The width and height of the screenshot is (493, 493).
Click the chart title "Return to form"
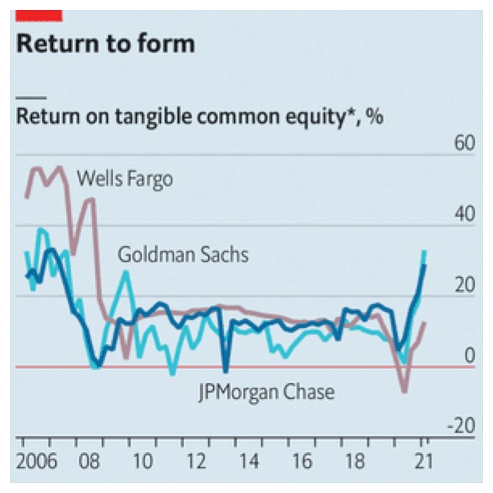(x=105, y=44)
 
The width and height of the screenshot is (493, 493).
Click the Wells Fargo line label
(x=124, y=179)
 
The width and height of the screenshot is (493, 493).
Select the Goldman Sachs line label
(x=183, y=254)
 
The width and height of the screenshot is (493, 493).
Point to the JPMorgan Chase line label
(x=266, y=391)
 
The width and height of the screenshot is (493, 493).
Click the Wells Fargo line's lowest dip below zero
(x=404, y=391)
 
